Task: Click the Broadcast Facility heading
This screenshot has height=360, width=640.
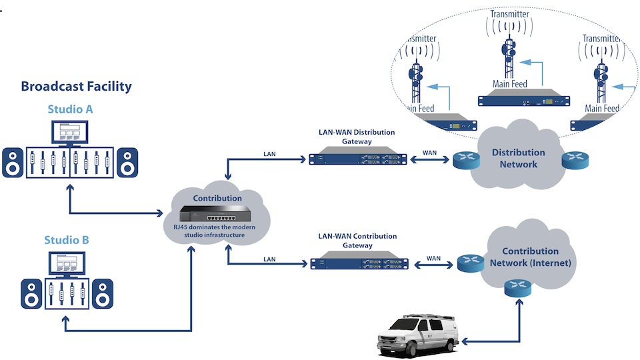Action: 76,86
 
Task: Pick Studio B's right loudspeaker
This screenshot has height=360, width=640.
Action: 103,291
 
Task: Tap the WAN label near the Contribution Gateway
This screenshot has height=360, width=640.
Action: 433,257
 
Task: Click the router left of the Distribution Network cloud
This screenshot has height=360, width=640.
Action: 463,160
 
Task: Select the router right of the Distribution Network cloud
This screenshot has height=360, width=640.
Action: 573,160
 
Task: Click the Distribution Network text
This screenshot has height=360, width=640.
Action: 518,158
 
